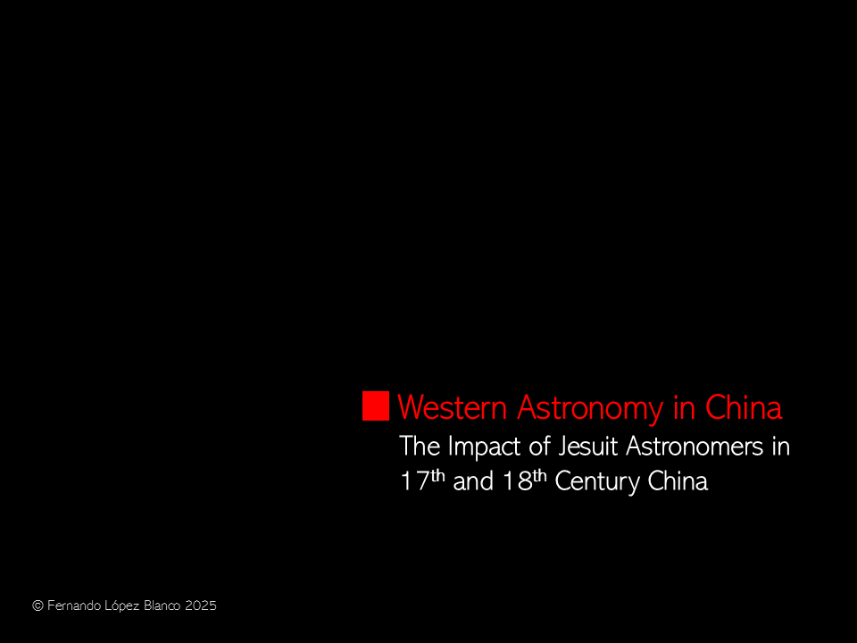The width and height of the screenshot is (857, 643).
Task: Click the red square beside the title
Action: pos(376,405)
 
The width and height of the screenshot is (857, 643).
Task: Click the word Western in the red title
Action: pos(453,407)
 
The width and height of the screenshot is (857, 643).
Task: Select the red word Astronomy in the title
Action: pos(590,409)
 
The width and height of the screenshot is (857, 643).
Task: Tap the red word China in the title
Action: pos(744,407)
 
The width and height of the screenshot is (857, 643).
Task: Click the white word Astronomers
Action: pos(695,447)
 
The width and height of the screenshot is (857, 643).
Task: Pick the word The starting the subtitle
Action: pos(420,447)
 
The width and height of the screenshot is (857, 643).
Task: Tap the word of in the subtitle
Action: pos(539,447)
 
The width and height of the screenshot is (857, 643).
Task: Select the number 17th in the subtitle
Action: pos(422,480)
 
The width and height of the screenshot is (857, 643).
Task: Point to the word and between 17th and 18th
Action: pos(473,481)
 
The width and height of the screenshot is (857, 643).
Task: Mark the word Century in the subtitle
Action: pos(597,482)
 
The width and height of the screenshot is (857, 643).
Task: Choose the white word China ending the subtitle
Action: pos(678,481)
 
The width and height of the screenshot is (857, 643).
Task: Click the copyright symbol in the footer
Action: pos(37,605)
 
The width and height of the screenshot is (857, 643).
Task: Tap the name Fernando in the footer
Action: pos(74,605)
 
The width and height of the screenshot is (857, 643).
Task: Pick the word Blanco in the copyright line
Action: pos(162,605)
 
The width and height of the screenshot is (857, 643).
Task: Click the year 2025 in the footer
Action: pos(201,605)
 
